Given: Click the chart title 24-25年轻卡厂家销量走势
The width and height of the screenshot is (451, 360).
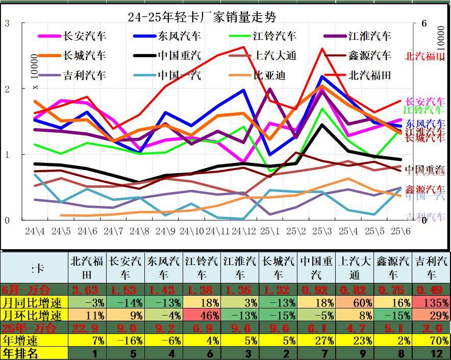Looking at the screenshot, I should tap(202, 17).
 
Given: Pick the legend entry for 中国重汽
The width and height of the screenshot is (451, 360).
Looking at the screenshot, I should tap(179, 56).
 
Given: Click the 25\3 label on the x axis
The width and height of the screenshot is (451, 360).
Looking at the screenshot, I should tap(321, 231).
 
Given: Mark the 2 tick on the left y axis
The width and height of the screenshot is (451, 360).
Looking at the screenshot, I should tap(7, 89).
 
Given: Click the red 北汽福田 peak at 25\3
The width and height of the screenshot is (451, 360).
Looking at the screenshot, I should tap(322, 49).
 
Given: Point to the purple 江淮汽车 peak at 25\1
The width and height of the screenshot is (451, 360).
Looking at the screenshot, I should tap(269, 89).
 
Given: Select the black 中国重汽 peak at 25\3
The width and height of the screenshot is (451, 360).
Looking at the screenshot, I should tap(321, 125).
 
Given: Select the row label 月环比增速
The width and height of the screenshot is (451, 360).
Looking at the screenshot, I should tap(34, 315).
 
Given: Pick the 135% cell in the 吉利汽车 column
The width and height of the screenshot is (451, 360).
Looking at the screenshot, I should tap(432, 303).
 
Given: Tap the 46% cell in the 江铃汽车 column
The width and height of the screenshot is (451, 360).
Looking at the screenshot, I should tap(202, 315).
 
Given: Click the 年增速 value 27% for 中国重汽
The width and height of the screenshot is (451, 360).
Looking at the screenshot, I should tap(316, 340).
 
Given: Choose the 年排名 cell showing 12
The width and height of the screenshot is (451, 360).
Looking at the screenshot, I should tap(432, 352).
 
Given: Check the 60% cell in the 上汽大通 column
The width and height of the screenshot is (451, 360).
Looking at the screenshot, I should tap(355, 303).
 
